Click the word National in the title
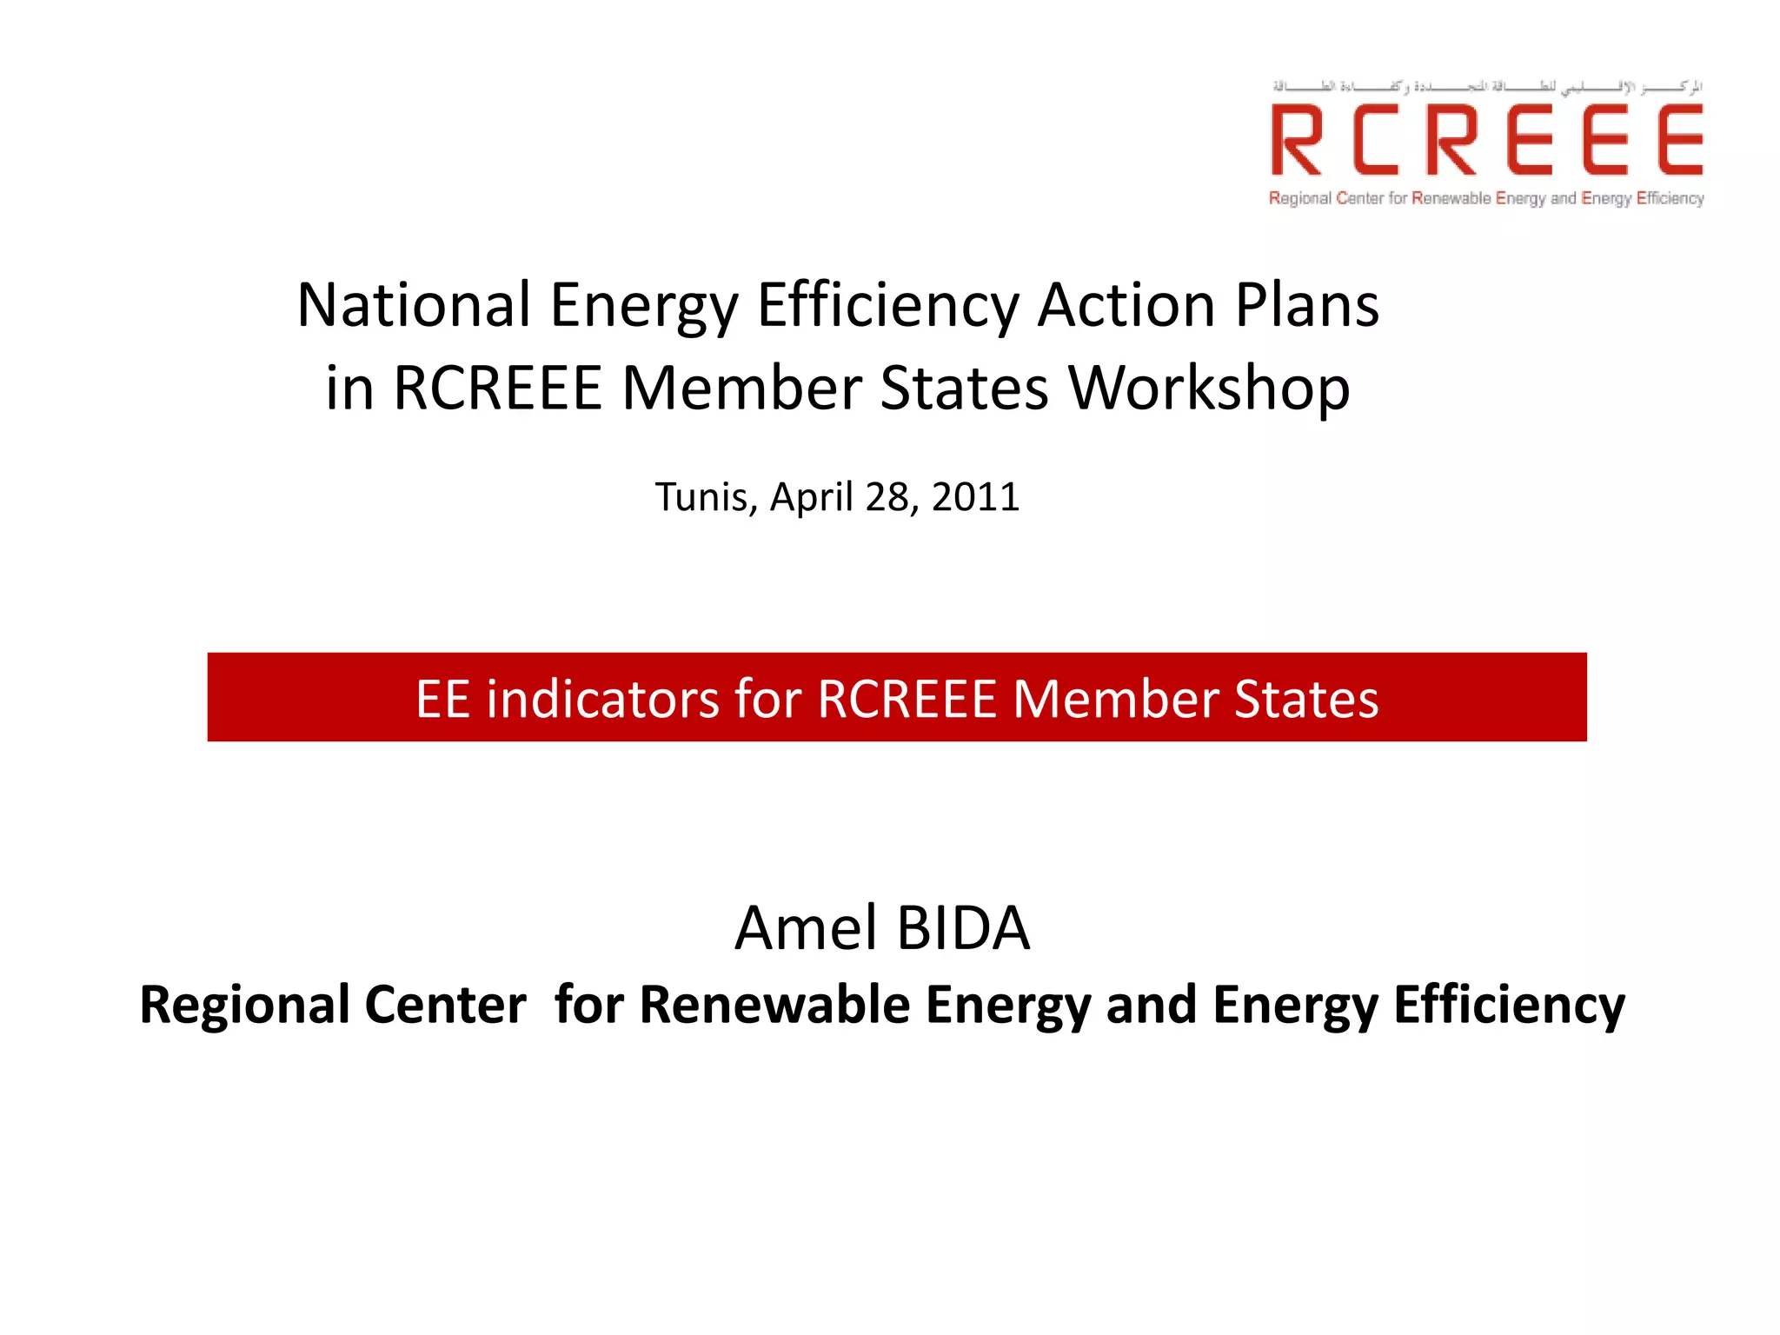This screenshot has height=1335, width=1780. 414,306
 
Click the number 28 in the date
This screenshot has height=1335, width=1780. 887,497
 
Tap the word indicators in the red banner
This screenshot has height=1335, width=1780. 602,699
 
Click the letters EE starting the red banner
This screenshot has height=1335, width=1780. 443,699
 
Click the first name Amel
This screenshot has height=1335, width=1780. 805,928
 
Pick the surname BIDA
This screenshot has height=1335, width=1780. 963,928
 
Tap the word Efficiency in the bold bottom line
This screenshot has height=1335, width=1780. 1509,1005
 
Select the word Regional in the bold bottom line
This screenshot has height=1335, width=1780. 244,1005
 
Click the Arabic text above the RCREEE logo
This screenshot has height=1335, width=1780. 1487,87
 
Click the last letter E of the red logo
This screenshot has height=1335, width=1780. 1679,140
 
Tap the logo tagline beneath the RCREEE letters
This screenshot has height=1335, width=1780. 1486,198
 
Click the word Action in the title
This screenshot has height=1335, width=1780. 1127,306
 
